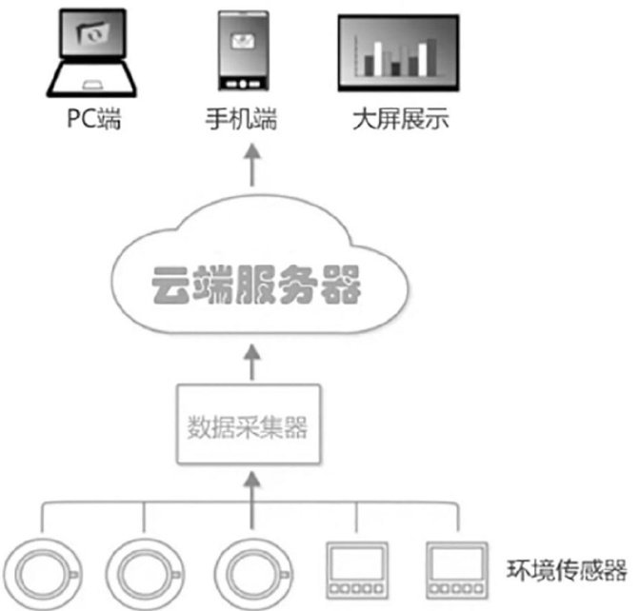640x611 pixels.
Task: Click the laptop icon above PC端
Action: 91,53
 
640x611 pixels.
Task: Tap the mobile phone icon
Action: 243,50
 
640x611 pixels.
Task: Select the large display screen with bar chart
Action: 398,53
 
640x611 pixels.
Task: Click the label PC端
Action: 94,119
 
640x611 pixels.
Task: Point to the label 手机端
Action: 241,119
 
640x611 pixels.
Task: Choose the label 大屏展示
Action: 401,119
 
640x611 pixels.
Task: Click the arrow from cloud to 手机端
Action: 252,165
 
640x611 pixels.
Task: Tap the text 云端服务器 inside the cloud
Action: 256,285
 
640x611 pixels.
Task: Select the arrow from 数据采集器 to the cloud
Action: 252,363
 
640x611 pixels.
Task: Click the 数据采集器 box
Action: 249,424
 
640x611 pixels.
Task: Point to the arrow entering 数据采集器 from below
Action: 252,501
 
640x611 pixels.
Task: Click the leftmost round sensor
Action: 43,574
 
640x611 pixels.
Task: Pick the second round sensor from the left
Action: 145,574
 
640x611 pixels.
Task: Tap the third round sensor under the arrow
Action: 253,574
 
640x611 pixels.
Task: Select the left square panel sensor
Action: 356,570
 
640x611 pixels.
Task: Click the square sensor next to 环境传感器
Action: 457,570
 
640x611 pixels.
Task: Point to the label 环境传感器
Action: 567,570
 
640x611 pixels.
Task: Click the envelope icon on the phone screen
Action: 243,41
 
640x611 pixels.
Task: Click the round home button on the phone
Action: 243,85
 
